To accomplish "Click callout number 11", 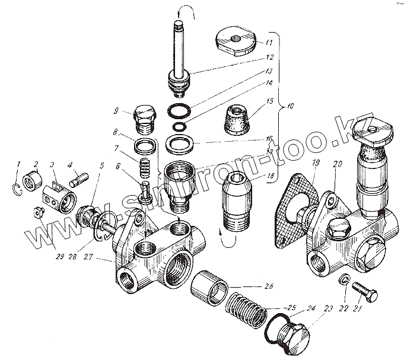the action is [x=269, y=42].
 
